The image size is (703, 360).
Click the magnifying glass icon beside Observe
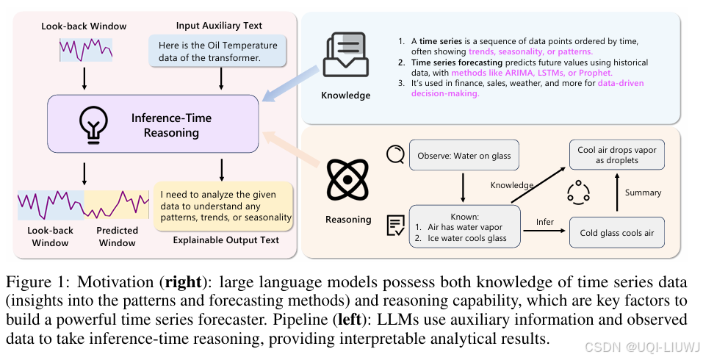tap(395, 154)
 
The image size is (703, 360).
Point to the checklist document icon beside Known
tap(395, 226)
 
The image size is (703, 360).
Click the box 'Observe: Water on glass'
tap(464, 155)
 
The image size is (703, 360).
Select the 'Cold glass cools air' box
tap(616, 232)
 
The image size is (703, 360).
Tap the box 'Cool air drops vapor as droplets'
tap(617, 155)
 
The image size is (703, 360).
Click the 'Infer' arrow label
tap(544, 221)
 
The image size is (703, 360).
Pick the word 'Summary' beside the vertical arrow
tap(643, 192)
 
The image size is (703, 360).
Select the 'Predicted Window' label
tap(117, 236)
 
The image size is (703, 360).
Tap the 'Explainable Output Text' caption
tap(226, 240)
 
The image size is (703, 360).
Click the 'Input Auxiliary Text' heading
tap(220, 26)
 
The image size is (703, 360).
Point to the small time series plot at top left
tap(86, 50)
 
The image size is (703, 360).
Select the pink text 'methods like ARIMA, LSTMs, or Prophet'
tap(532, 73)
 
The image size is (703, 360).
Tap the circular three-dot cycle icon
tap(578, 192)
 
